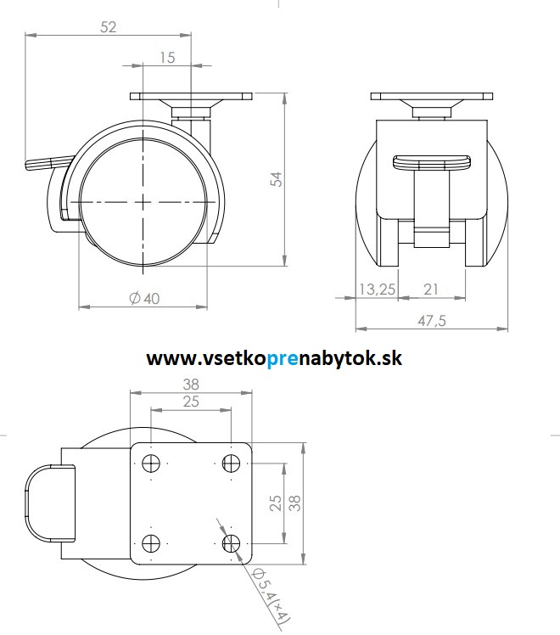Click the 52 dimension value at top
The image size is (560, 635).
pyautogui.click(x=109, y=26)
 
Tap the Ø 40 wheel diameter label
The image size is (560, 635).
pyautogui.click(x=143, y=298)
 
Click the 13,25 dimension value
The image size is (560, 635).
pyautogui.click(x=377, y=289)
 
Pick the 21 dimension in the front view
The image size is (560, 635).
pyautogui.click(x=431, y=289)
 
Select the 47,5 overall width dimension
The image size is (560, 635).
pyautogui.click(x=431, y=319)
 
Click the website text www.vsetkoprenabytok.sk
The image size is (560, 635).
pyautogui.click(x=274, y=358)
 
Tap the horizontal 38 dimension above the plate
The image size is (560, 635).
pyautogui.click(x=191, y=384)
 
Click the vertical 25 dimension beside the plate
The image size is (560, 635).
pyautogui.click(x=276, y=503)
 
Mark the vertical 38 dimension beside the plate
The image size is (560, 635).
pyautogui.click(x=294, y=503)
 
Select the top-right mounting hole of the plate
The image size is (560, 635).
pyautogui.click(x=230, y=464)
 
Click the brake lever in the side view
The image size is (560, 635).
pyautogui.click(x=47, y=161)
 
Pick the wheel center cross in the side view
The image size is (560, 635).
pyautogui.click(x=144, y=202)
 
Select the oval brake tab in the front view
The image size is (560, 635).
pyautogui.click(x=431, y=163)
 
